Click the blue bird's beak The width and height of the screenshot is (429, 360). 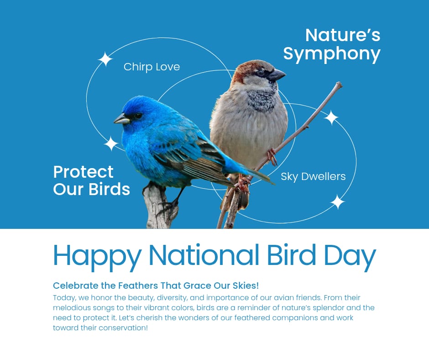point(121,119)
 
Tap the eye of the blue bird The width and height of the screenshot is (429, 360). point(137,116)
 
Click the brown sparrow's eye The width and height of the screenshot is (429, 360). point(261,72)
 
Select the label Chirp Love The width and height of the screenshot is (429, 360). point(152,67)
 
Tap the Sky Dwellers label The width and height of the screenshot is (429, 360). point(313,176)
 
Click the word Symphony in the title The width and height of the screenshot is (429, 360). point(332,54)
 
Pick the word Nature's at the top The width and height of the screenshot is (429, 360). point(342,35)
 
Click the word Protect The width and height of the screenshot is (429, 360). point(83,172)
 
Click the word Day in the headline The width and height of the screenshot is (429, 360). point(350,256)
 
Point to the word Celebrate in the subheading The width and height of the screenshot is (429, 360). point(75,286)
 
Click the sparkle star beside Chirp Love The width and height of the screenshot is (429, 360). point(105,59)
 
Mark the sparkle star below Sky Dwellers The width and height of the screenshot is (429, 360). point(337,202)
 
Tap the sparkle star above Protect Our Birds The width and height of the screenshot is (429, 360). point(111,143)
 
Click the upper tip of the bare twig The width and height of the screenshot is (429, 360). point(338,84)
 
